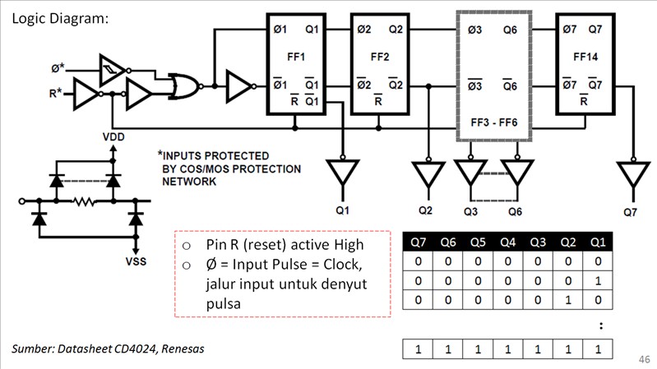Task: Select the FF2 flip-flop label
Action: [x=379, y=58]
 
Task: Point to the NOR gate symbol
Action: [x=183, y=85]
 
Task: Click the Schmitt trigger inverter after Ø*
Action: [x=111, y=67]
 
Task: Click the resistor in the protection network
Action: [x=82, y=200]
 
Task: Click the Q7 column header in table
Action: [x=419, y=242]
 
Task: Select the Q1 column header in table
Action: [x=597, y=242]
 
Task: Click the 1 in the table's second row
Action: [x=597, y=281]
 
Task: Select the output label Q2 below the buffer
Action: [x=424, y=210]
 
